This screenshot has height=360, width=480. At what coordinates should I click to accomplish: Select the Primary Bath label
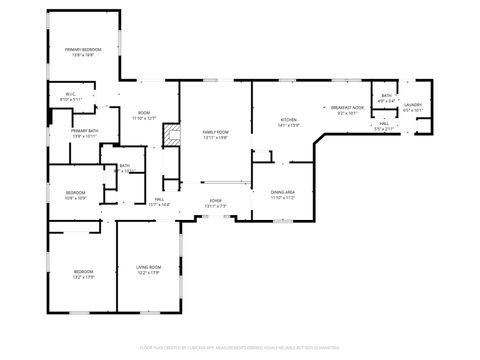click(x=84, y=131)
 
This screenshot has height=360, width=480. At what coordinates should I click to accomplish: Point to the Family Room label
click(x=215, y=132)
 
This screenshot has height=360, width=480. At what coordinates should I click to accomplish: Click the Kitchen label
click(x=289, y=120)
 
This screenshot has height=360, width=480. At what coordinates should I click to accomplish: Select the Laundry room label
click(x=413, y=104)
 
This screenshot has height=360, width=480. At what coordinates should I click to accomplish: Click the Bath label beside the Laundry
click(x=386, y=96)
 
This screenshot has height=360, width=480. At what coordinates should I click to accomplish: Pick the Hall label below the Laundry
click(x=384, y=124)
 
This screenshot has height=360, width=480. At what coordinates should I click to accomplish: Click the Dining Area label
click(x=283, y=192)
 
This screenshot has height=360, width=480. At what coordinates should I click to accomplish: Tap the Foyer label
click(x=215, y=201)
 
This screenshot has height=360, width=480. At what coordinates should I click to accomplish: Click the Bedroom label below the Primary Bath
click(x=76, y=193)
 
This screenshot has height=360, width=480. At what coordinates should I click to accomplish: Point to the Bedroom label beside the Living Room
click(x=82, y=271)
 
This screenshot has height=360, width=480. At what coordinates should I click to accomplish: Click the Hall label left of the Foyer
click(x=159, y=200)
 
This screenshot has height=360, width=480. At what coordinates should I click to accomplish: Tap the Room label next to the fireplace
click(x=144, y=113)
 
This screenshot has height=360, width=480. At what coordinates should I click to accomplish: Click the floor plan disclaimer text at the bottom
click(x=239, y=346)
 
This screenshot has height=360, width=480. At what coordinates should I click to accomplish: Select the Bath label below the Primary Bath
click(x=125, y=166)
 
